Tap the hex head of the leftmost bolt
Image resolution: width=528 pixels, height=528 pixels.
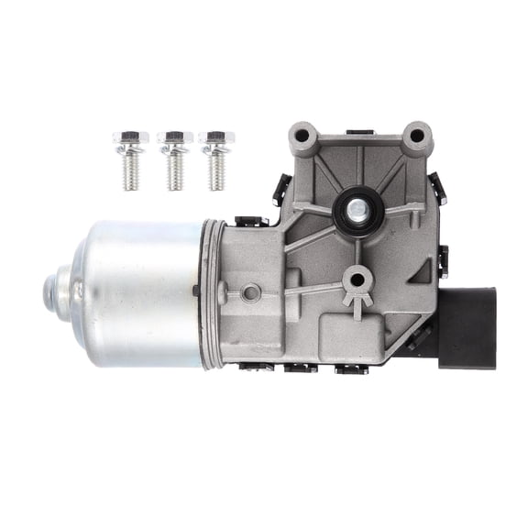[131, 139]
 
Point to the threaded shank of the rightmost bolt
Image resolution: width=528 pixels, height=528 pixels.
[217, 173]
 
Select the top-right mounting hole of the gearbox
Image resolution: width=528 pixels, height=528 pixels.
[417, 136]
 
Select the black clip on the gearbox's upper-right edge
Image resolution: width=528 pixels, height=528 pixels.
[439, 188]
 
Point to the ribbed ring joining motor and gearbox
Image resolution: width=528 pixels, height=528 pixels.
[212, 293]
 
